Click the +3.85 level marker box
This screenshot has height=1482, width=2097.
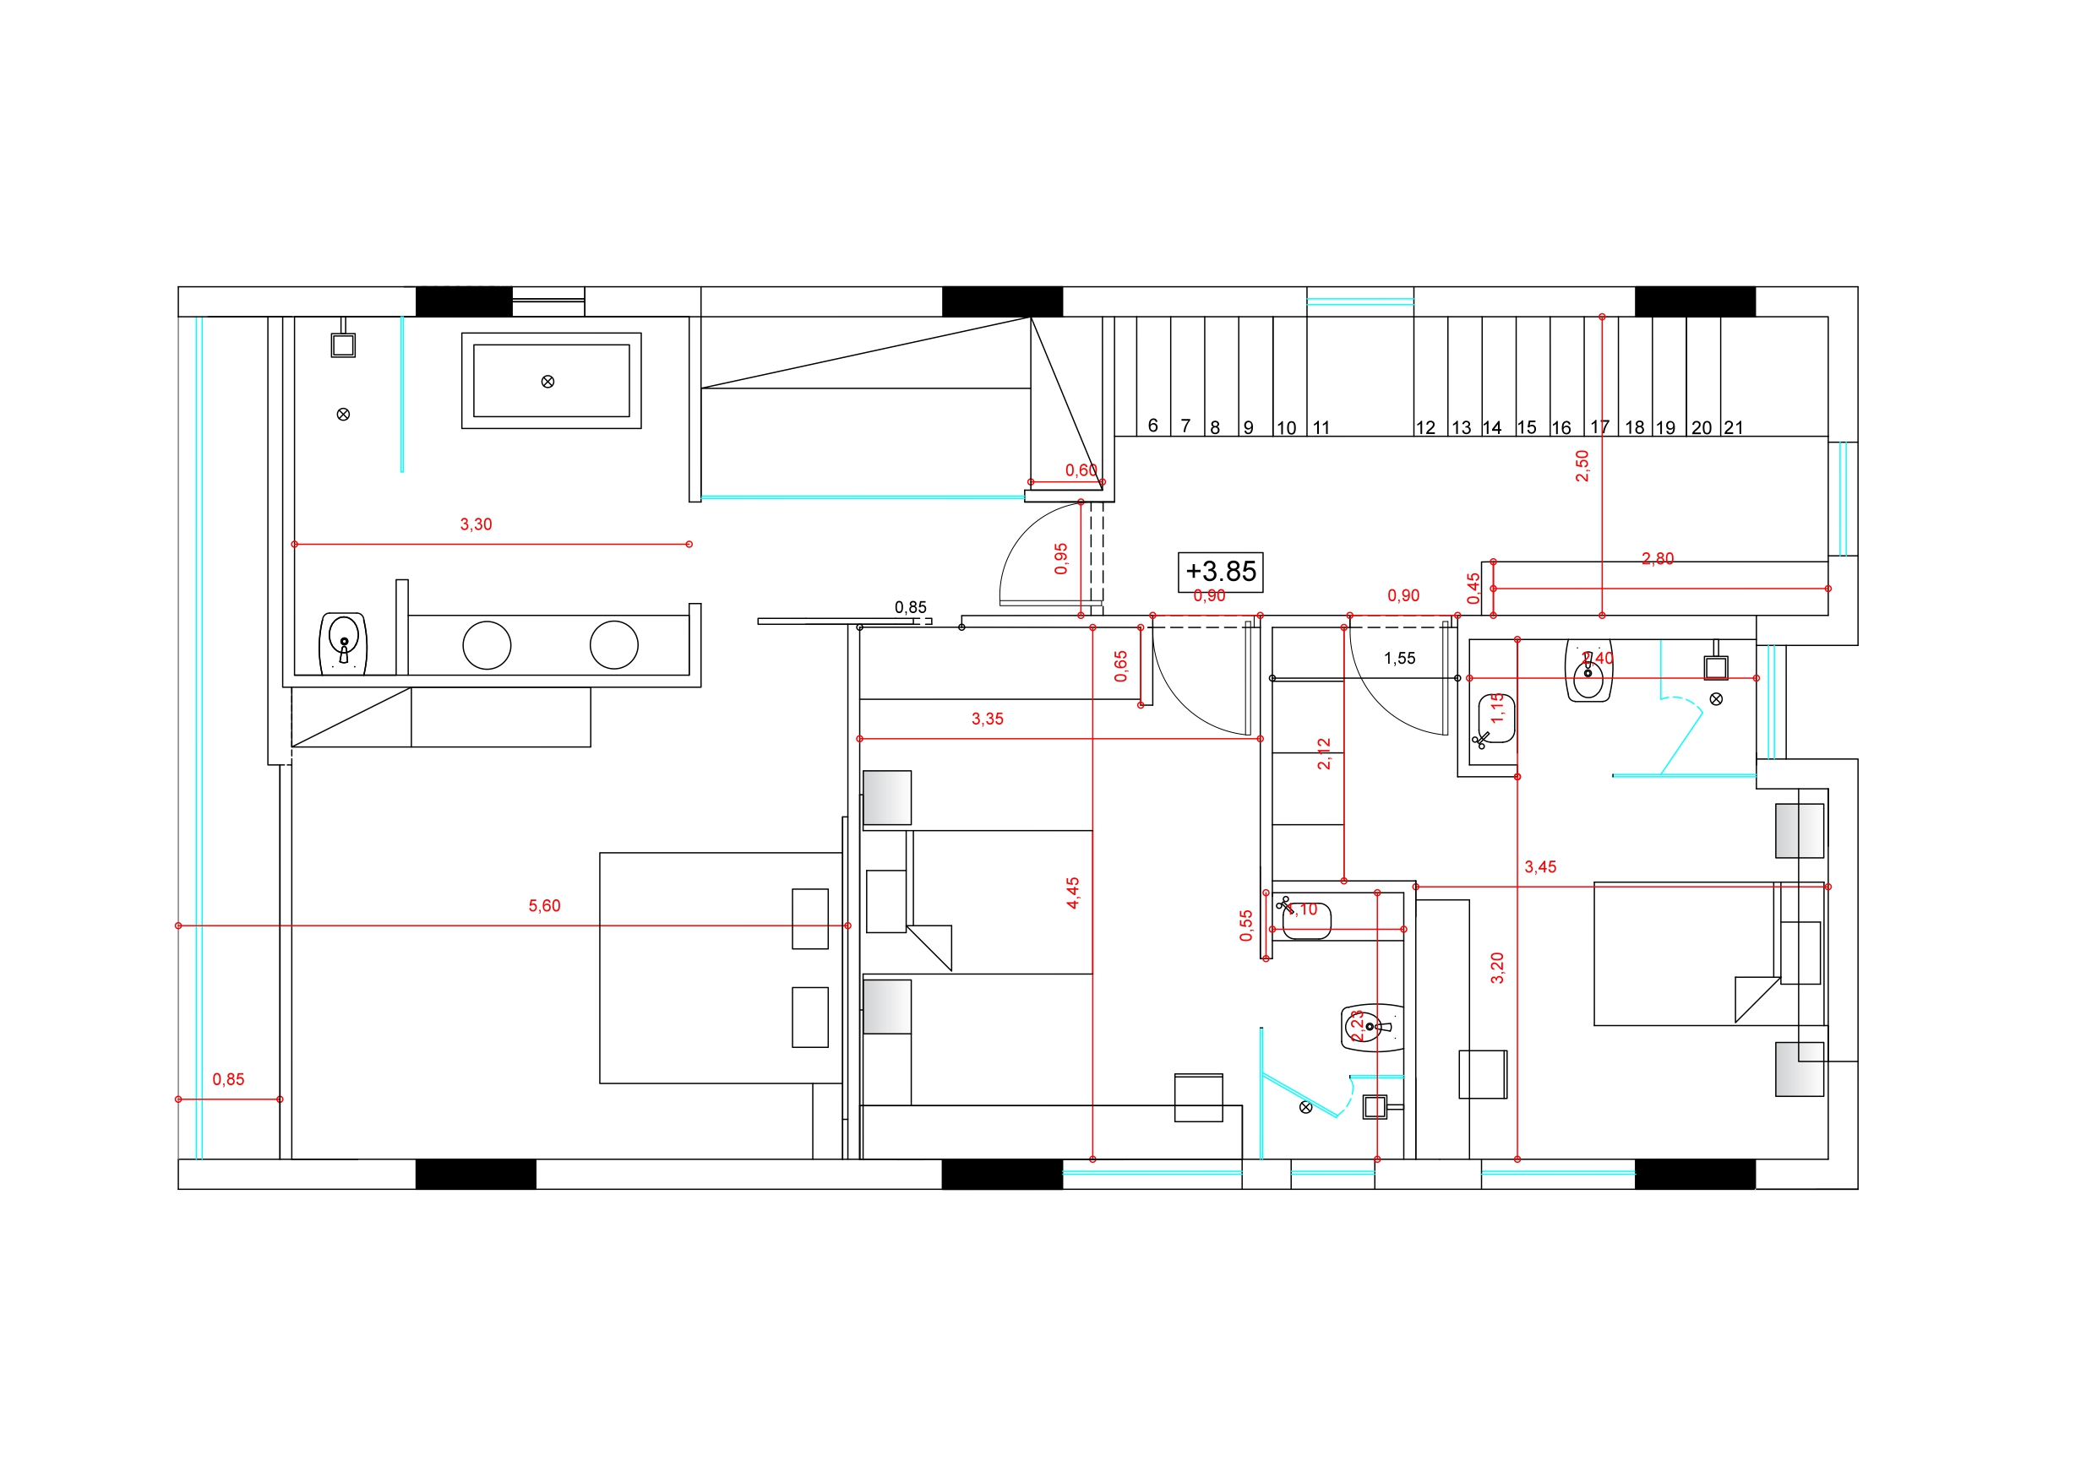[1220, 572]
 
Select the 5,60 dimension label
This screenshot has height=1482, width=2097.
[544, 906]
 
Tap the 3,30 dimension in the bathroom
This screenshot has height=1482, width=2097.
[476, 524]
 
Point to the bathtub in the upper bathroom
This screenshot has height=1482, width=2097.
[551, 381]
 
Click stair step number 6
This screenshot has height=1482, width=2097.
[1152, 426]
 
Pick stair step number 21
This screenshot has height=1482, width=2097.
[1734, 427]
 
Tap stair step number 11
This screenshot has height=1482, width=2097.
[1321, 427]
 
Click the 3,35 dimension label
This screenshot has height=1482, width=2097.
[988, 719]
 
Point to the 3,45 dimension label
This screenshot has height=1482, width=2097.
[1540, 867]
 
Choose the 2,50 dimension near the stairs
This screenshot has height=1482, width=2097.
[1582, 465]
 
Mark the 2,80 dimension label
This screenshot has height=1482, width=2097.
[1658, 559]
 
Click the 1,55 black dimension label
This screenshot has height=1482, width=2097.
[1399, 659]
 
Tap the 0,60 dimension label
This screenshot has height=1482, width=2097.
[1081, 470]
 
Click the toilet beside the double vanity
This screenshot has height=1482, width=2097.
[342, 643]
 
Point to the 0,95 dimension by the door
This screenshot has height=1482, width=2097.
[1061, 559]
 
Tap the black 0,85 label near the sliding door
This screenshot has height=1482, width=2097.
[911, 607]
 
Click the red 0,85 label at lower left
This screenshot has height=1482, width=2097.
[228, 1079]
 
